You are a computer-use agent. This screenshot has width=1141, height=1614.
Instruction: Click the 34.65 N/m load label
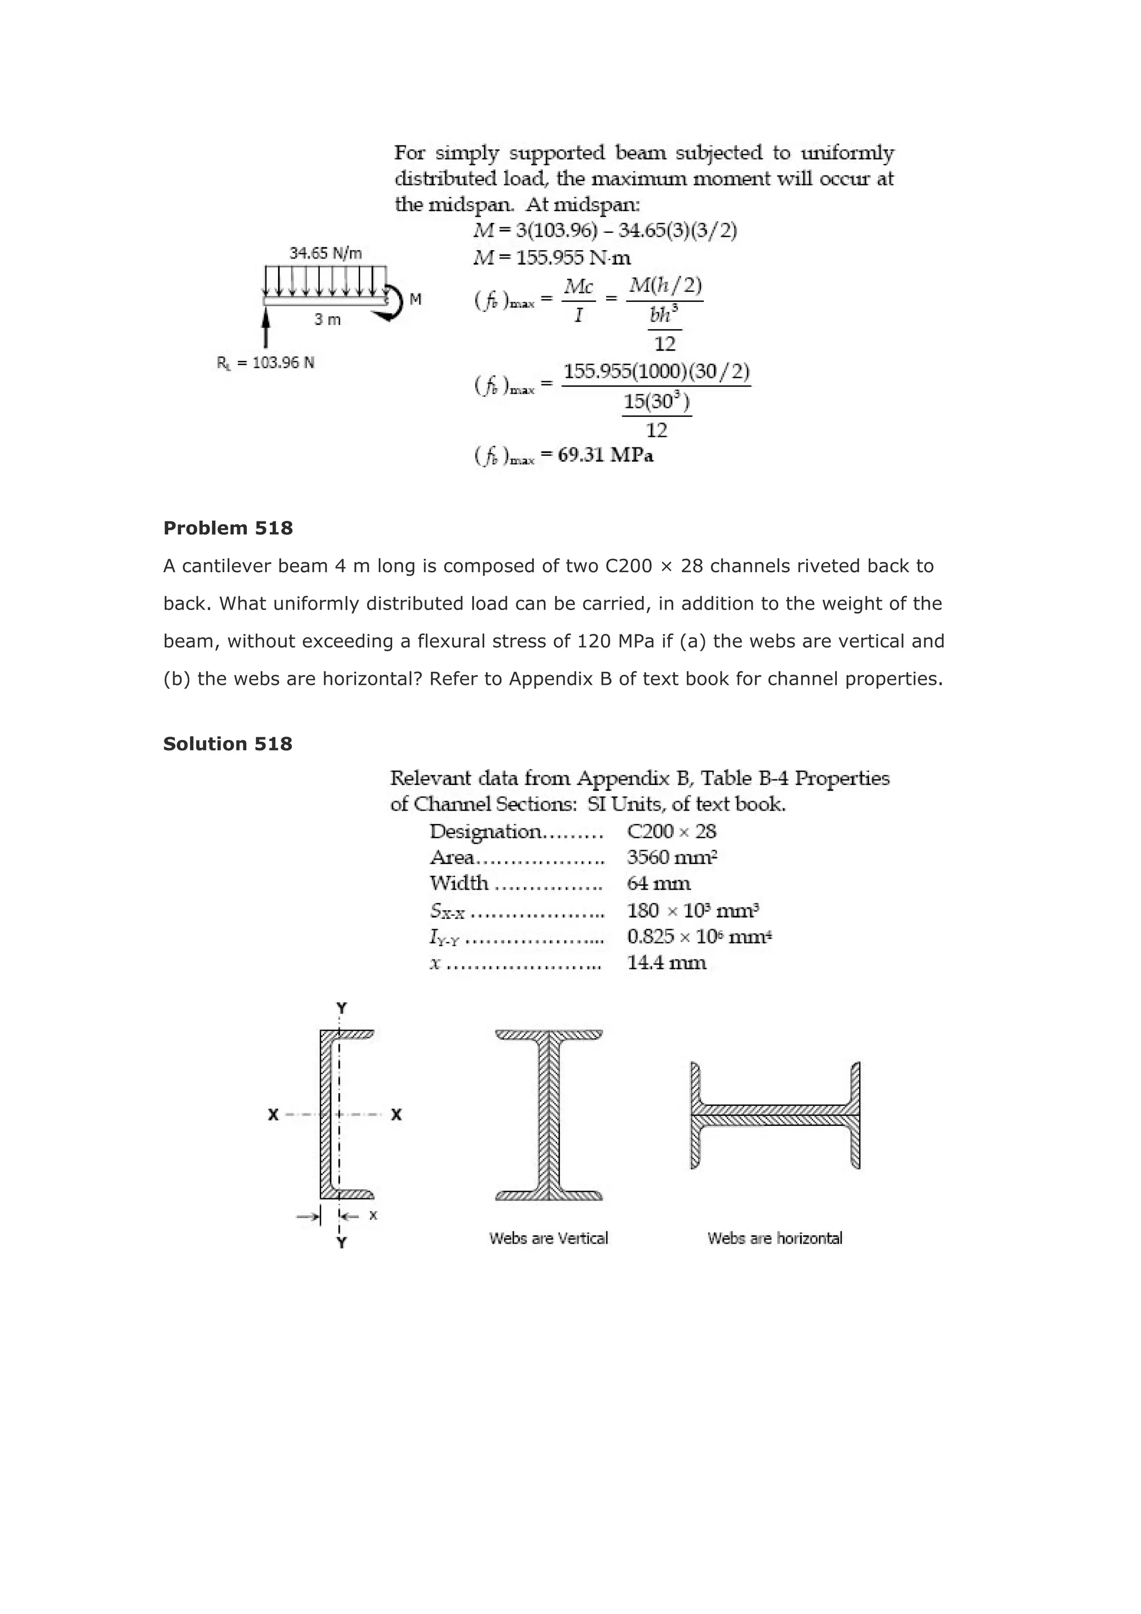325,253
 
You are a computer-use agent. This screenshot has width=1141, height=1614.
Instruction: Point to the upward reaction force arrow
266,329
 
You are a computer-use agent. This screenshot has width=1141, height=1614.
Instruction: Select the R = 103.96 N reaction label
266,363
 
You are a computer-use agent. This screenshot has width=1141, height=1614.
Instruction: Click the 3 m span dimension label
327,320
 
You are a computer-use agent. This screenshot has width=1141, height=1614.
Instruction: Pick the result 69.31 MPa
605,456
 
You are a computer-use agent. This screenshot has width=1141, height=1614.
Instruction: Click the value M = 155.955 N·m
553,258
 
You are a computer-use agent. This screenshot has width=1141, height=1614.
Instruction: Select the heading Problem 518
228,529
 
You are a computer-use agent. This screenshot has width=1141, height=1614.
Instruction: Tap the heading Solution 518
228,744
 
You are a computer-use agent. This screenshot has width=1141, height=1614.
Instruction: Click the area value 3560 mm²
671,857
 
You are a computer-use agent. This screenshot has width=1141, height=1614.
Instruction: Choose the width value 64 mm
658,884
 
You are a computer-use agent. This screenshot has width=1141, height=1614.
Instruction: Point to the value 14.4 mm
666,963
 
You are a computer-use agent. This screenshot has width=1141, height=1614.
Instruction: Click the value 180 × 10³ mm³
692,911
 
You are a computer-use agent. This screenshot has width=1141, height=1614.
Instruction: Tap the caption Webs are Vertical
548,1238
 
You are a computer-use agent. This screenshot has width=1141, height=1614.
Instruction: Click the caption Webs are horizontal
775,1238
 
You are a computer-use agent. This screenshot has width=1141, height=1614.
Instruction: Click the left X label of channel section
274,1115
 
